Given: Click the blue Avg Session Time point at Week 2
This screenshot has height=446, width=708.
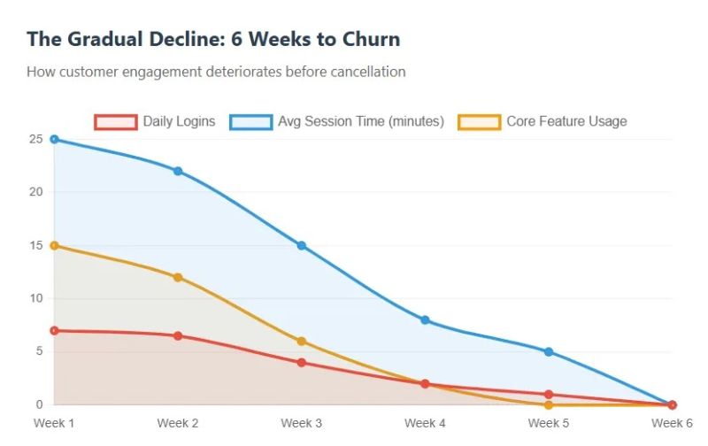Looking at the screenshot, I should (178, 171).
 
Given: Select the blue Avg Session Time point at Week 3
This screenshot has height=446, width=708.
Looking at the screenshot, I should (302, 245).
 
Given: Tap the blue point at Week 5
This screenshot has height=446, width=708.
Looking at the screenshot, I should (549, 351).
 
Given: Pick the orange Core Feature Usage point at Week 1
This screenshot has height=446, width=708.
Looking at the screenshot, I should (54, 245).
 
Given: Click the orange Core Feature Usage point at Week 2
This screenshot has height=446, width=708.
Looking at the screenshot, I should (178, 277).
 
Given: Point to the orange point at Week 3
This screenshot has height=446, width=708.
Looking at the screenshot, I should (302, 341).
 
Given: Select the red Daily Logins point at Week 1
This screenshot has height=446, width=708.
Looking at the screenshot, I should (54, 330).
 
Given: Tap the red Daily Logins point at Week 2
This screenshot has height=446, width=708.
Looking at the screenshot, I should (178, 335).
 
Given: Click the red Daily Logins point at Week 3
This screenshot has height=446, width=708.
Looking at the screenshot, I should (302, 362).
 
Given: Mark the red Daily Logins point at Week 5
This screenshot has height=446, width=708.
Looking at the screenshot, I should (549, 394).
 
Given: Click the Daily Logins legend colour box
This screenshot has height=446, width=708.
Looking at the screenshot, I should (115, 122).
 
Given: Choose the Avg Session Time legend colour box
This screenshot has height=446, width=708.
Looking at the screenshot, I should (250, 122).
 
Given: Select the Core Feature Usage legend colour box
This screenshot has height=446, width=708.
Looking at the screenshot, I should (479, 122).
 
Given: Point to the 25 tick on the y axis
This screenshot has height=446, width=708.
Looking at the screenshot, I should (35, 139).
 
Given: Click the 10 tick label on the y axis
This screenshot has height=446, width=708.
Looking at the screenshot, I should (35, 298).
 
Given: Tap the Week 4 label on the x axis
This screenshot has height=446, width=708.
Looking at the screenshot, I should (425, 423).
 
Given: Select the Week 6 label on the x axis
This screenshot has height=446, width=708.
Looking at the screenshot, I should (672, 423).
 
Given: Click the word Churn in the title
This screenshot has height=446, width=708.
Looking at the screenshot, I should (367, 39).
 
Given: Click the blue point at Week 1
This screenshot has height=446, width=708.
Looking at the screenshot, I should (54, 139).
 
